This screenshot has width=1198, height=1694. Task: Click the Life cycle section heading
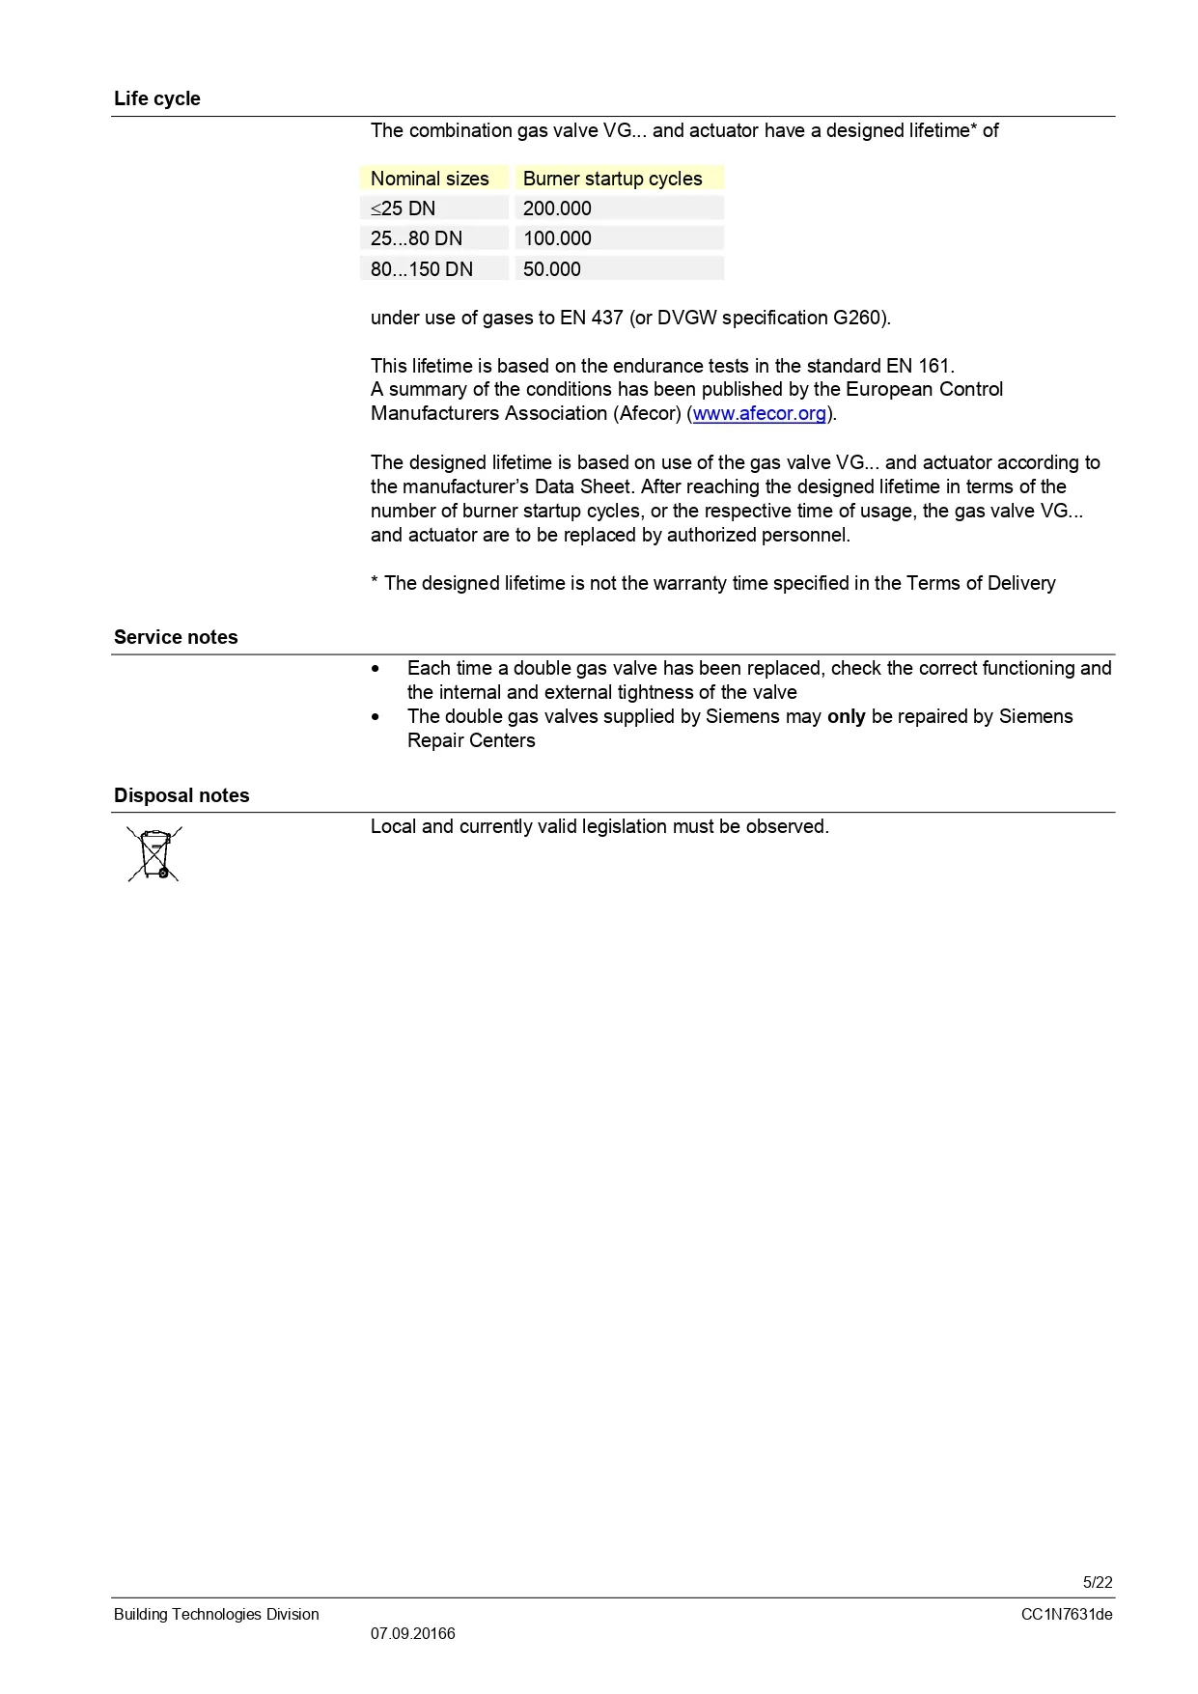click(156, 98)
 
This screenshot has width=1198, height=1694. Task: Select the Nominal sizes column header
click(430, 179)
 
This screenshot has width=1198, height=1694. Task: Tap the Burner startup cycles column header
click(612, 179)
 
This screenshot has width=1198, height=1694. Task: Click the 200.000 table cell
click(557, 208)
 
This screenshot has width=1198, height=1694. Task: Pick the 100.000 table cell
click(557, 238)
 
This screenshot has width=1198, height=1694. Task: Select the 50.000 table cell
click(552, 269)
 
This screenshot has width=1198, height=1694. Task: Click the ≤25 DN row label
click(403, 208)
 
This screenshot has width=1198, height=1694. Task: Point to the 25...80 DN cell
click(416, 238)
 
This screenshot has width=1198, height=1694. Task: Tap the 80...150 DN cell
click(422, 269)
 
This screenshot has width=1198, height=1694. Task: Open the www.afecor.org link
click(759, 414)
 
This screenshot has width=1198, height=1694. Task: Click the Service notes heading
click(176, 637)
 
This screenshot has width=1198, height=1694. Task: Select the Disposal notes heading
click(181, 795)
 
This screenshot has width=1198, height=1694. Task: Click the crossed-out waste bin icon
click(154, 853)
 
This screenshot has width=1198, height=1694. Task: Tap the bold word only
click(846, 716)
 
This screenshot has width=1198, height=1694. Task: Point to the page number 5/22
click(1098, 1582)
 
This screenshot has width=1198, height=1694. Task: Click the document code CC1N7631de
click(1067, 1614)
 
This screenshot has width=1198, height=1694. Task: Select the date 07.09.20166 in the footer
click(412, 1633)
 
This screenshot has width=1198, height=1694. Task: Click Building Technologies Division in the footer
click(216, 1614)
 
